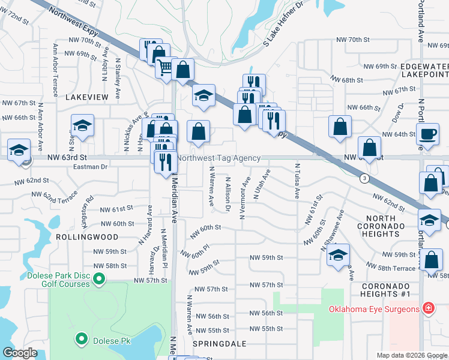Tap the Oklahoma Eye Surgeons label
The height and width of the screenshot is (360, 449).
click(373, 309)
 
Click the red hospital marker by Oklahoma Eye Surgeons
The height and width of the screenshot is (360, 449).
click(428, 309)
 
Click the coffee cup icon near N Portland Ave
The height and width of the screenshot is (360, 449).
click(428, 134)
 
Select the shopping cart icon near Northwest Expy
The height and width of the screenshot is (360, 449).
click(166, 66)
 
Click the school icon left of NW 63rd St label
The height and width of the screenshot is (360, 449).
click(19, 150)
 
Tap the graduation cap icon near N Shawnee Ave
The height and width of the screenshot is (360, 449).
click(339, 254)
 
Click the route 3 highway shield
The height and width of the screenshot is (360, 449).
click(364, 179)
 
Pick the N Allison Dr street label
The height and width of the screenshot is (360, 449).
click(228, 193)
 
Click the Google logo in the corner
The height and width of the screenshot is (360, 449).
click(20, 352)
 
